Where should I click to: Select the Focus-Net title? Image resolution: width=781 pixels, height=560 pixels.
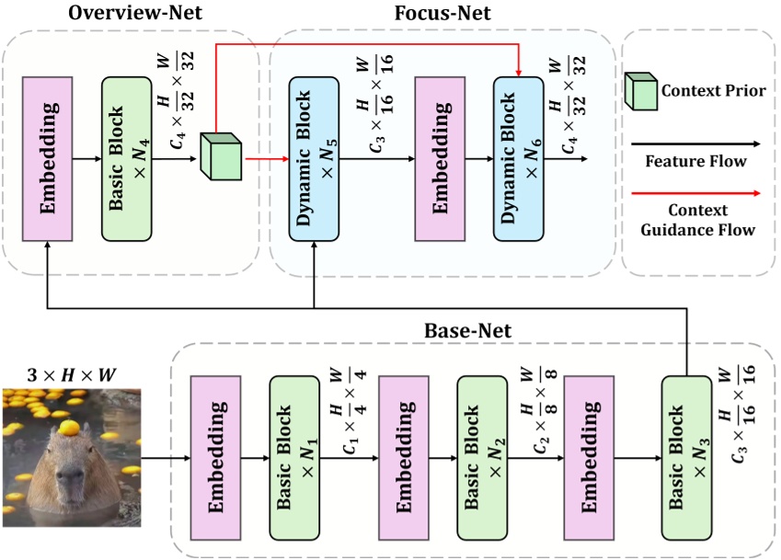pyautogui.click(x=442, y=14)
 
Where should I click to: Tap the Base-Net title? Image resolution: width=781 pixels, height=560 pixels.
pyautogui.click(x=461, y=329)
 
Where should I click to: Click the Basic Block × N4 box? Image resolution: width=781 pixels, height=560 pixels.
pyautogui.click(x=127, y=158)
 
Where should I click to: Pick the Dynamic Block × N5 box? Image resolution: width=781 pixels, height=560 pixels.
pyautogui.click(x=315, y=158)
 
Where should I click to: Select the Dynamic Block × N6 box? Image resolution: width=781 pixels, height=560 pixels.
pyautogui.click(x=518, y=158)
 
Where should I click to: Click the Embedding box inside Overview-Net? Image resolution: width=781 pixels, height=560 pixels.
pyautogui.click(x=48, y=158)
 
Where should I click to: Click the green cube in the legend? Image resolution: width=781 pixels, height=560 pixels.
pyautogui.click(x=642, y=90)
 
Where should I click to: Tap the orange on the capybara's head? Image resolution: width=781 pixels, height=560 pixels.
pyautogui.click(x=68, y=428)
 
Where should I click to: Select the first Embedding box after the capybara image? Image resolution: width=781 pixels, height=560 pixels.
pyautogui.click(x=216, y=456)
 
